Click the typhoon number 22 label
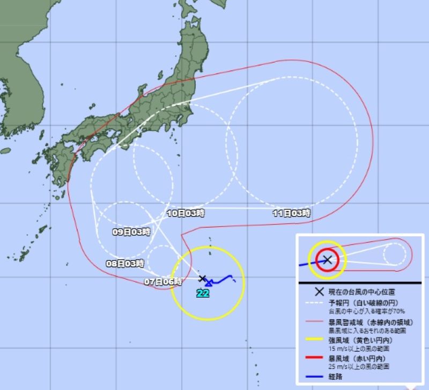click(x=203, y=293)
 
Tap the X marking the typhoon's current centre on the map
click(x=202, y=278)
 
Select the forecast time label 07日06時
click(x=164, y=281)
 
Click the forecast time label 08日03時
click(x=125, y=264)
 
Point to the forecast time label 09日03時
click(x=131, y=232)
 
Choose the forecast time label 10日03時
click(x=186, y=213)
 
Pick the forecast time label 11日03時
click(x=292, y=213)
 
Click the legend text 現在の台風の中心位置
click(x=363, y=292)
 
